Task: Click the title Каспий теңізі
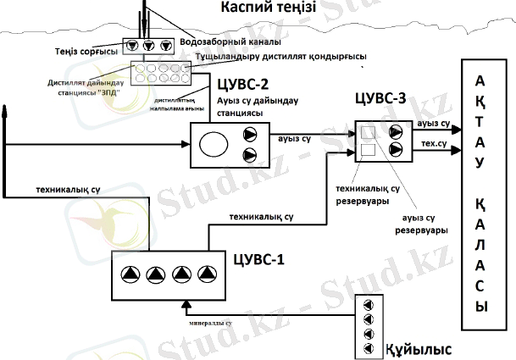point(269,8)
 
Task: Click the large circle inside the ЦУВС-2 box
point(213,144)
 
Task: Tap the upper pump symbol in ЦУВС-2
point(251,134)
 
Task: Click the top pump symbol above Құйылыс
point(368,306)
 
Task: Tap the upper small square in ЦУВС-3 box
point(369,131)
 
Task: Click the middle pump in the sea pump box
point(149,46)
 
